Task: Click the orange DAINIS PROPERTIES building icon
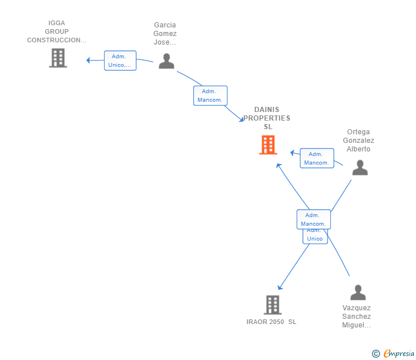(x=268, y=145)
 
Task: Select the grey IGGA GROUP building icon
(x=58, y=58)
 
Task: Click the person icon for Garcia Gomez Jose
(x=166, y=61)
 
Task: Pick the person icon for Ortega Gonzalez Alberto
(x=359, y=167)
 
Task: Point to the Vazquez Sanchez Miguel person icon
(x=358, y=293)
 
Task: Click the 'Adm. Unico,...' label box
(x=120, y=61)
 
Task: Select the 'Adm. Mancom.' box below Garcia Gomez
(x=210, y=95)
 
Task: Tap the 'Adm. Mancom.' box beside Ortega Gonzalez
(x=317, y=158)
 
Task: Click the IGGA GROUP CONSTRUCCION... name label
(x=57, y=32)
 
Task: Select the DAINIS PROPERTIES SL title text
(x=267, y=118)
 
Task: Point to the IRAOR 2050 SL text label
(x=271, y=322)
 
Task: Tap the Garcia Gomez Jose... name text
(x=165, y=34)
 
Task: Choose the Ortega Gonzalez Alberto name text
(x=358, y=141)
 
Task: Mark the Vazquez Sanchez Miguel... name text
(x=357, y=317)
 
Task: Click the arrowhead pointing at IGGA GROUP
(x=89, y=60)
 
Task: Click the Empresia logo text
(x=398, y=354)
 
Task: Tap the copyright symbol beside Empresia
(x=375, y=354)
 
